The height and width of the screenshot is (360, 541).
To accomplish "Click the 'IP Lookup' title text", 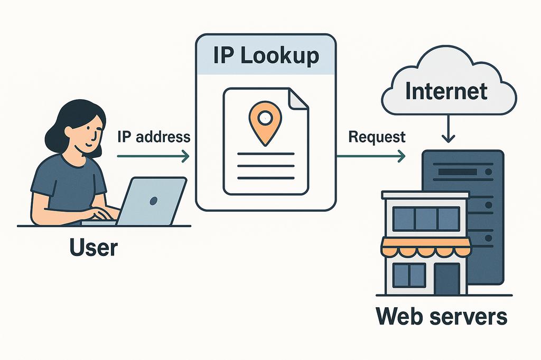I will pyautogui.click(x=266, y=55).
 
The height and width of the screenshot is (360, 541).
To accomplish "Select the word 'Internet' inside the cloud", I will pyautogui.click(x=446, y=91).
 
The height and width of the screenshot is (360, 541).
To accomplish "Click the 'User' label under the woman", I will pyautogui.click(x=93, y=247).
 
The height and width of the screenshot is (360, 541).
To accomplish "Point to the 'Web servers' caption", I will pyautogui.click(x=441, y=317).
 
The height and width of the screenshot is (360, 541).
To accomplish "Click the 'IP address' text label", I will pyautogui.click(x=153, y=137).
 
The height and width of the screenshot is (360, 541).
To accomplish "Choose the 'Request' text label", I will pyautogui.click(x=377, y=137).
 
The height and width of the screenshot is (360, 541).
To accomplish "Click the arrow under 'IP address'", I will pyautogui.click(x=153, y=156).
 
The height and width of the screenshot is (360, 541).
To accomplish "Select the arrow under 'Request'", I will pyautogui.click(x=371, y=156).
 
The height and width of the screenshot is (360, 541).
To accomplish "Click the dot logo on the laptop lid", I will pyautogui.click(x=154, y=201).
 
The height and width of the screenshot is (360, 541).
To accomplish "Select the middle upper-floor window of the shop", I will pyautogui.click(x=426, y=218).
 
